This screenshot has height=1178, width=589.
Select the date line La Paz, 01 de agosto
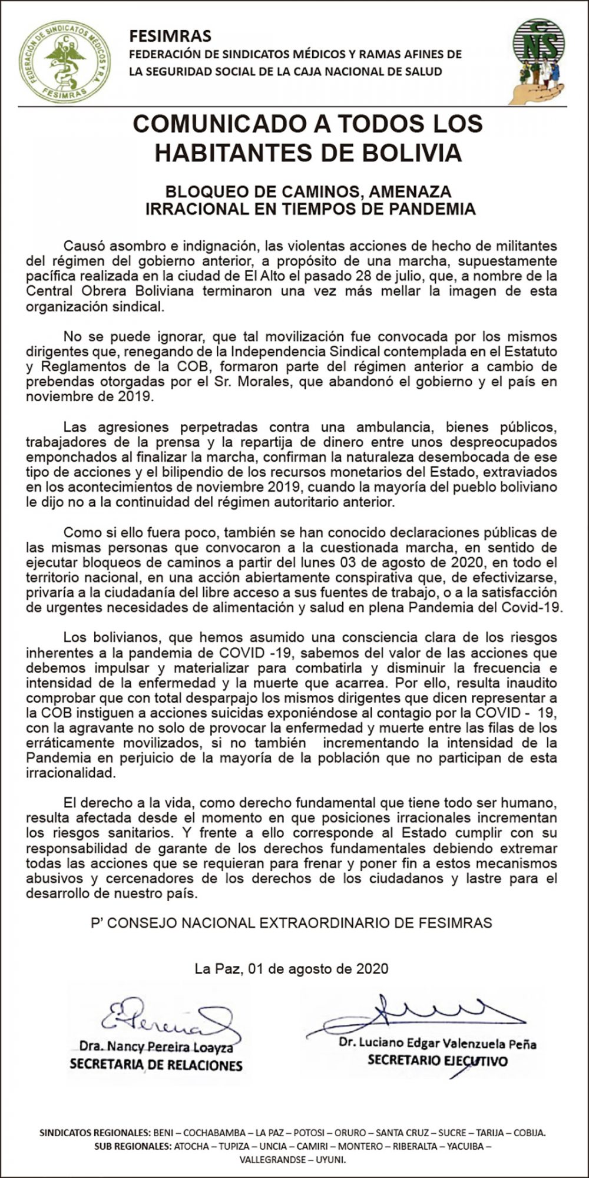[x=292, y=968]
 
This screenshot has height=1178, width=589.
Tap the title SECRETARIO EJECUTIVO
[x=437, y=1061]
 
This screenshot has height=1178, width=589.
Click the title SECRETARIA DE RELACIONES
[x=156, y=1064]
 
